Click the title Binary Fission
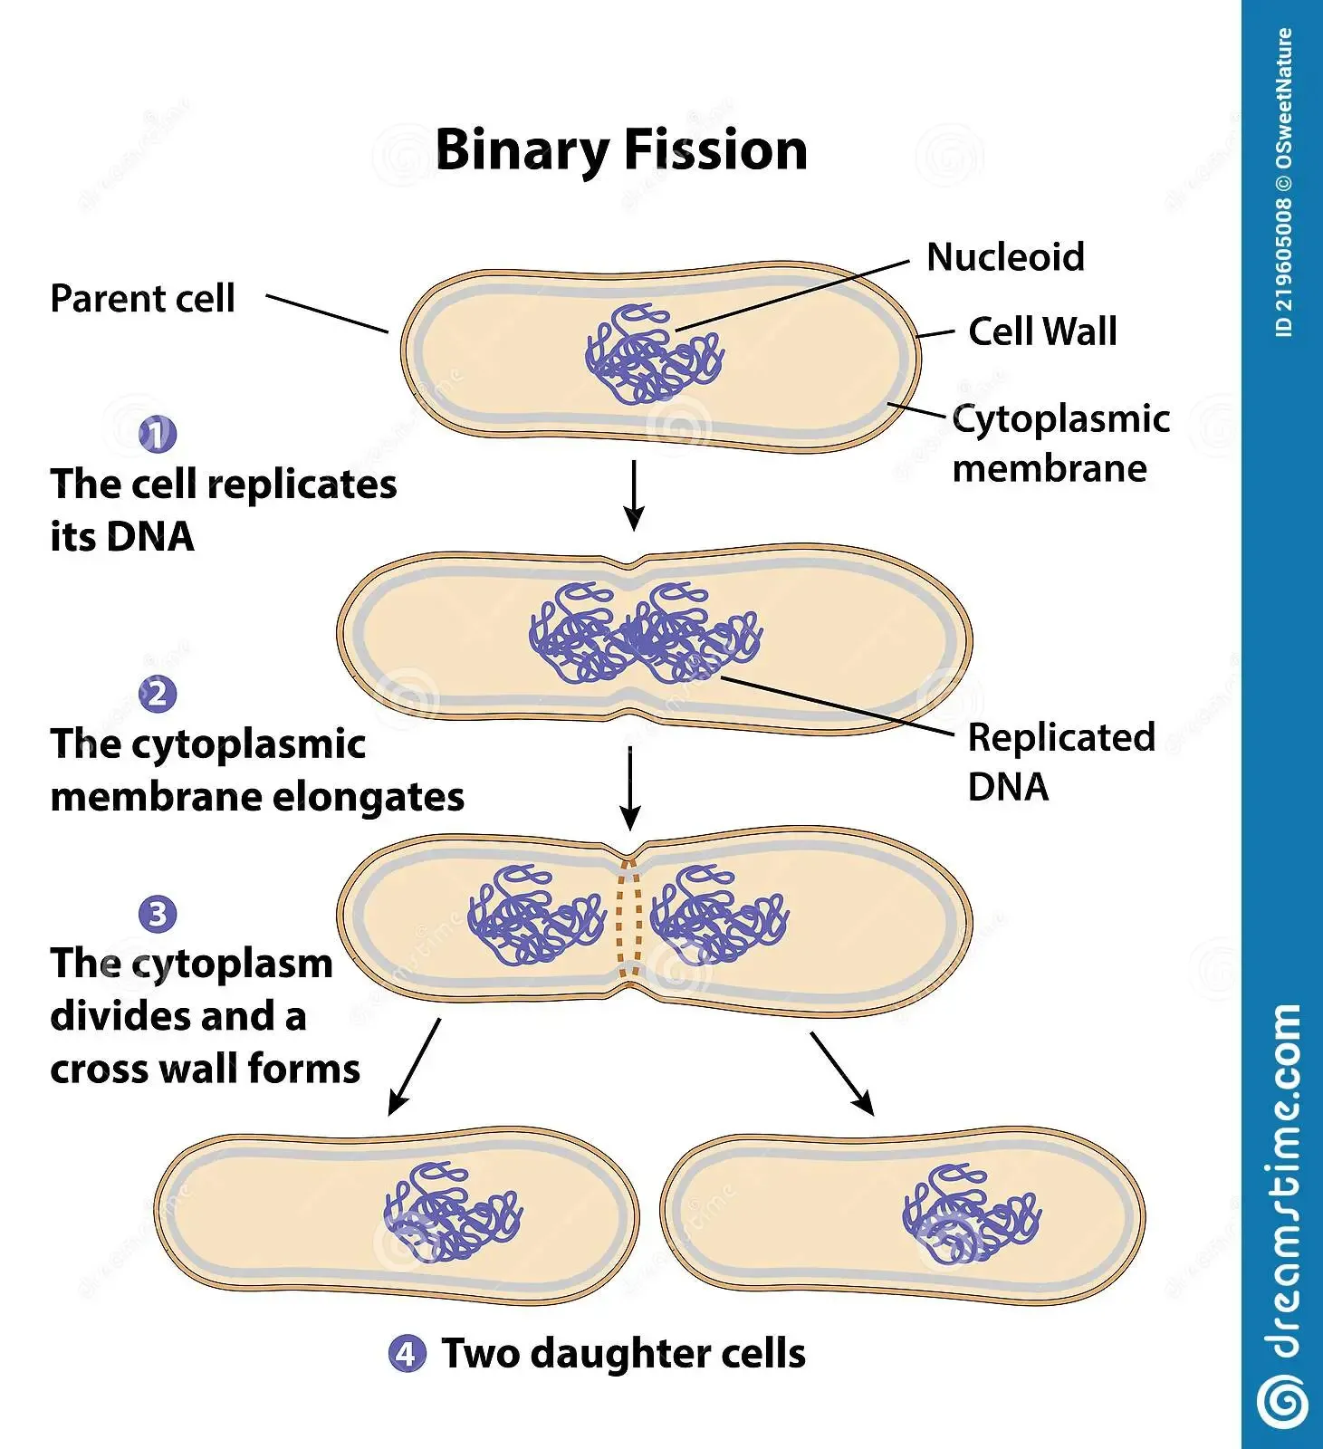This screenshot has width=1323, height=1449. click(x=621, y=149)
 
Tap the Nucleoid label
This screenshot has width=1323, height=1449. click(x=1005, y=257)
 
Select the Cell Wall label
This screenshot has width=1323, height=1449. click(x=1042, y=331)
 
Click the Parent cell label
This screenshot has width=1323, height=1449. click(x=142, y=299)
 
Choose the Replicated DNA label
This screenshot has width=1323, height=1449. click(x=1060, y=762)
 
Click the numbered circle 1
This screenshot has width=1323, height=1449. click(x=158, y=435)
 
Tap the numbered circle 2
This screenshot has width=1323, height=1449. click(x=158, y=695)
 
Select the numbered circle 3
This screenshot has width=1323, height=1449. click(x=158, y=915)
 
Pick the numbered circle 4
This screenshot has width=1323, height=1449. click(x=407, y=1354)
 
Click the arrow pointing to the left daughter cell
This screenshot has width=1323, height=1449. click(x=414, y=1067)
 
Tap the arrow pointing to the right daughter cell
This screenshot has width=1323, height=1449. click(x=842, y=1073)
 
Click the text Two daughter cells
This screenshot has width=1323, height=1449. click(x=623, y=1354)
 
